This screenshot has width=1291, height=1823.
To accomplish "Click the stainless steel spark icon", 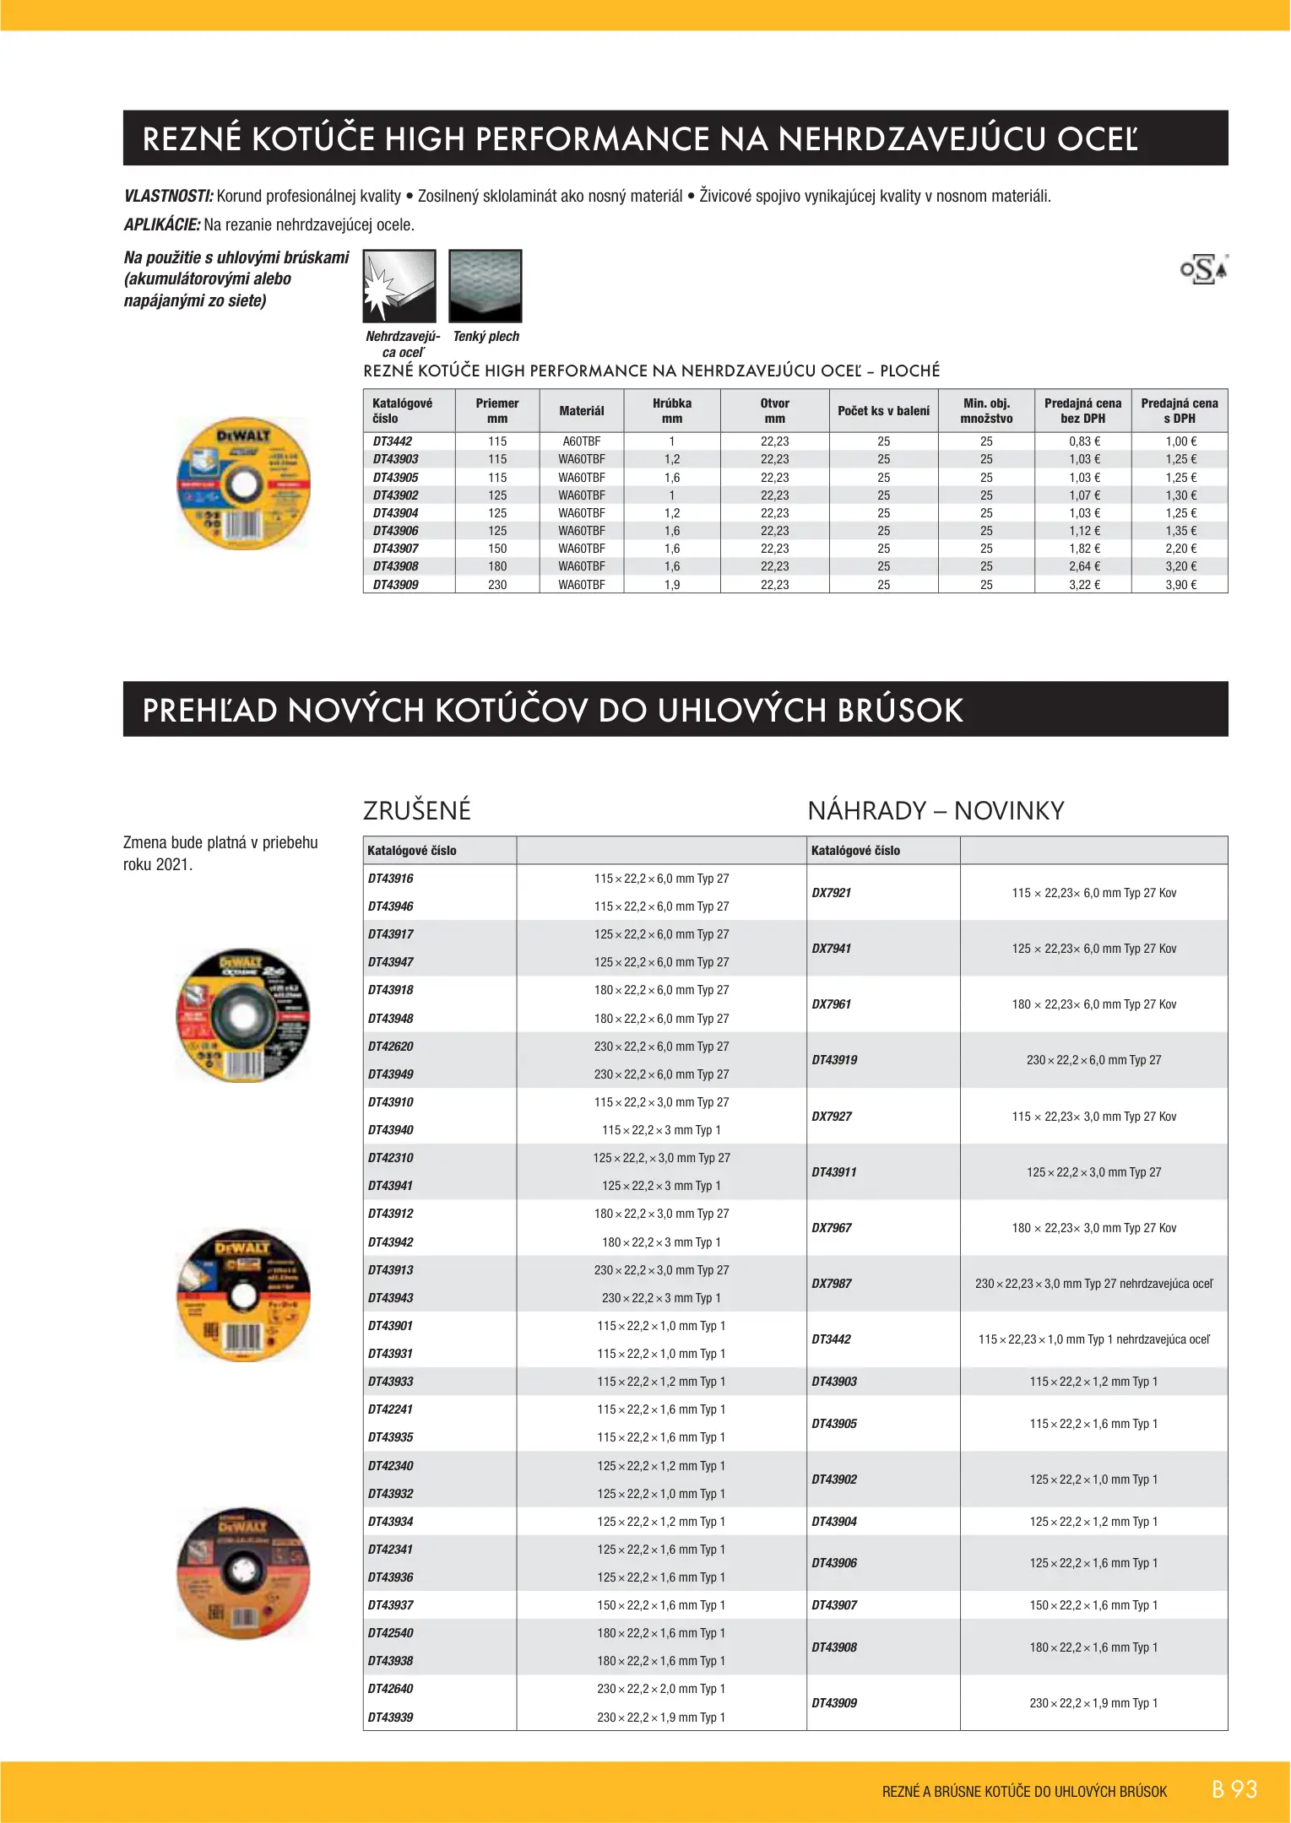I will point(399,286).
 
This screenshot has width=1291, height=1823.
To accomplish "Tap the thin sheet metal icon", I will point(485,286).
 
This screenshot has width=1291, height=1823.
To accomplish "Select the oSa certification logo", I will point(1204,269).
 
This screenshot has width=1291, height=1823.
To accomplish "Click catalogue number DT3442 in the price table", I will point(393,441).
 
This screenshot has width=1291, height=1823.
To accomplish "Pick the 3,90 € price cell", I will point(1180,585).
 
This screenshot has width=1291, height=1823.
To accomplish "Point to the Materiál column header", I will point(582,411).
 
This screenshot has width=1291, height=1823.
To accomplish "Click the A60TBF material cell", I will point(582,441).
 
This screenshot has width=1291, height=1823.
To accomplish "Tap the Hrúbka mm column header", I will point(672,411).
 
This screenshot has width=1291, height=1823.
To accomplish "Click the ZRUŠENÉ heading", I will point(417,811).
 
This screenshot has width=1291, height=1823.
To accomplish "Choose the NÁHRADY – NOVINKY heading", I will point(936,811).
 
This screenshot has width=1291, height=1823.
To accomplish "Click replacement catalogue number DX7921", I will point(832,893).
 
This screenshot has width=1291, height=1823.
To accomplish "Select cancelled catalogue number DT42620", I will point(391,1047).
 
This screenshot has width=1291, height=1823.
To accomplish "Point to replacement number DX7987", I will point(832,1284).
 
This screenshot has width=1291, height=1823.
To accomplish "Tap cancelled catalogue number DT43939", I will point(391,1718).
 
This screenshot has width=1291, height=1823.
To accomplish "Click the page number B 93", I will point(1234,1789).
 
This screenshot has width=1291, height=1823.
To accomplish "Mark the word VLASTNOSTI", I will point(168,197).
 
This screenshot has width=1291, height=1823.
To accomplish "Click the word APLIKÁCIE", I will point(162,225).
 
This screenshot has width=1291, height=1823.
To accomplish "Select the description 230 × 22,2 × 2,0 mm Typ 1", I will point(661,1689).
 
